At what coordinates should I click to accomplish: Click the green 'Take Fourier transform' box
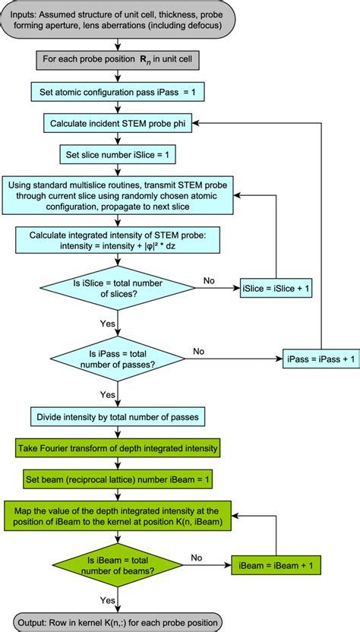[x=118, y=447]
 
